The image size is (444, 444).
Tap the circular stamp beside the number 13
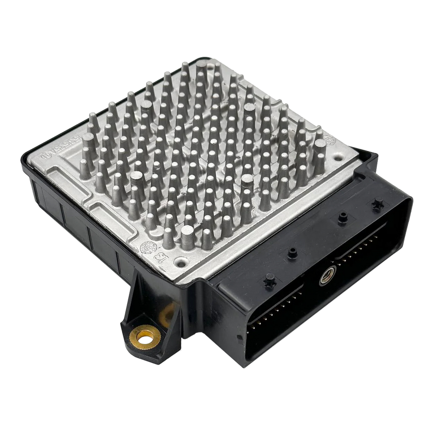pos(147,248)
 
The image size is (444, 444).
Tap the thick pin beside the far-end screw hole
pos(320,148)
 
